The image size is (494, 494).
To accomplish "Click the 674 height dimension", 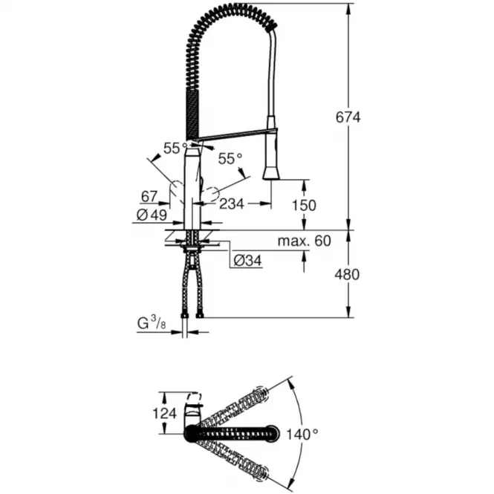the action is tap(348, 117).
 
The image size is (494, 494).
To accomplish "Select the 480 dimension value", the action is tap(347, 275).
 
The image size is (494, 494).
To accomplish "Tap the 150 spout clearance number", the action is tap(304, 206).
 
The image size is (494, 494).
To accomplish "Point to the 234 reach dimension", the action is tap(232, 204).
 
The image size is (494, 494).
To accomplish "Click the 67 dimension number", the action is tap(149, 197).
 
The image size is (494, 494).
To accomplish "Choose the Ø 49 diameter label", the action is tap(152, 215).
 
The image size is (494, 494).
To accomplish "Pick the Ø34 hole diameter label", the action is tap(247, 261).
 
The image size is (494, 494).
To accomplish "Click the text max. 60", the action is tap(305, 241).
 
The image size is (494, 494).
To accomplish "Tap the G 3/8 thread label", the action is tap(152, 322).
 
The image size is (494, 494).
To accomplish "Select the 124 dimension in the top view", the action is tap(164, 413).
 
